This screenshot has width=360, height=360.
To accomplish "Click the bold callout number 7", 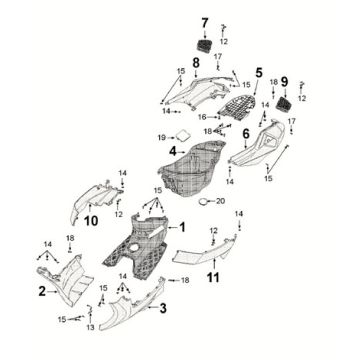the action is [204, 23].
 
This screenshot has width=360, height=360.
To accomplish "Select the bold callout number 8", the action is [182, 63].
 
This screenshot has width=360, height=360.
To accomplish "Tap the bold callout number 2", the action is [41, 291].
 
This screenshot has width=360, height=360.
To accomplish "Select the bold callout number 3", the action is [163, 308].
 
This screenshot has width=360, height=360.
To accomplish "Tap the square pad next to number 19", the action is [181, 135].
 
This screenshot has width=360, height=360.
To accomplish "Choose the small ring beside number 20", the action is [203, 201].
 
